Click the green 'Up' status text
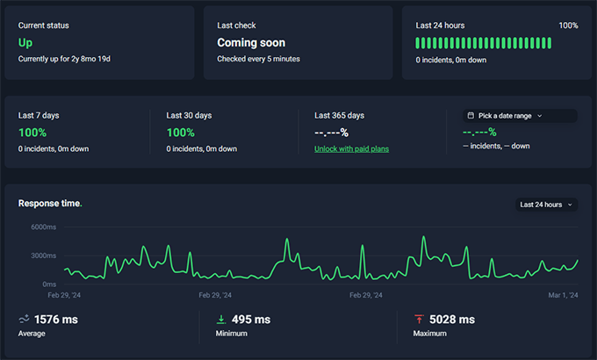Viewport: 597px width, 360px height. (x=25, y=42)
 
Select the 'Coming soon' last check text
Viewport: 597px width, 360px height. (x=251, y=42)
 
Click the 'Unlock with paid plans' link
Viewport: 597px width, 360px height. (x=351, y=148)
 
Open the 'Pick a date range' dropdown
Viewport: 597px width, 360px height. (x=520, y=115)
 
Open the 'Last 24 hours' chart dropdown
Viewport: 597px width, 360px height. (x=546, y=205)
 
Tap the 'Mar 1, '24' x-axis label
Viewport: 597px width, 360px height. (x=563, y=296)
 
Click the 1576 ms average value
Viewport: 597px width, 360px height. (x=55, y=320)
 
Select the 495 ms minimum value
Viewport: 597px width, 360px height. (x=250, y=320)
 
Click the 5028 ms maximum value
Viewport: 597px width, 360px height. (x=452, y=320)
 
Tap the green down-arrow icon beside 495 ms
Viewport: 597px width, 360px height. (x=221, y=320)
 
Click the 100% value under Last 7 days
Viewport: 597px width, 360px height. (x=32, y=133)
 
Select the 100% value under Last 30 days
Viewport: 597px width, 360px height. (x=180, y=133)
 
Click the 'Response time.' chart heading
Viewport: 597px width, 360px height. (x=50, y=204)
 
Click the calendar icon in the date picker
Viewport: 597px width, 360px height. (x=471, y=115)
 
